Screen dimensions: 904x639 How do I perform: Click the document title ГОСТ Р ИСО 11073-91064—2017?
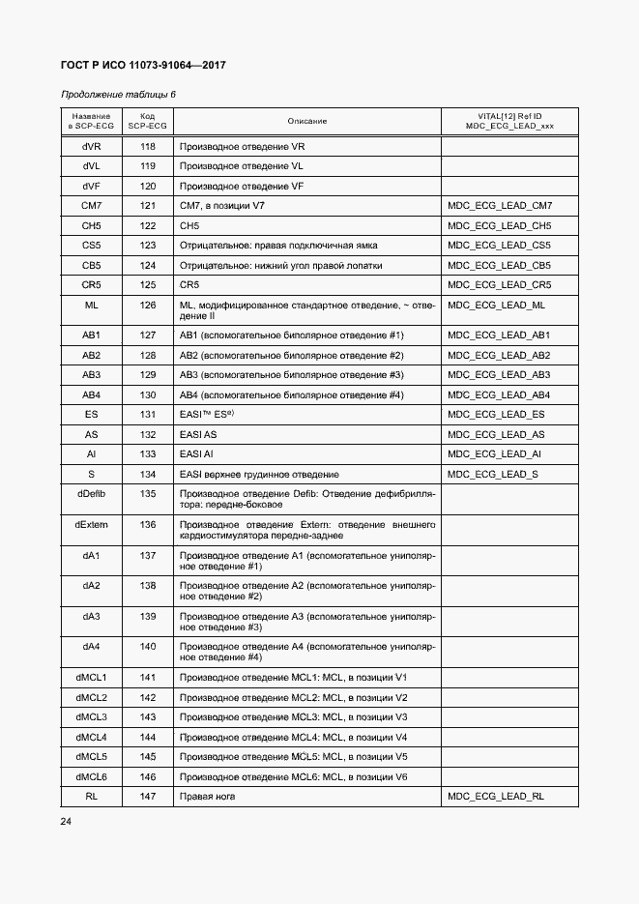[x=143, y=66]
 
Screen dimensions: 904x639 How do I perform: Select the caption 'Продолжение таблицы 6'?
[x=118, y=95]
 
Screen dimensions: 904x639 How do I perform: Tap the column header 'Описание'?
[x=306, y=121]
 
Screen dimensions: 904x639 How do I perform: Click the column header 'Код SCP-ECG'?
[x=147, y=121]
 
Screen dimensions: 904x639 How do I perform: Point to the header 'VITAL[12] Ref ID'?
[x=509, y=115]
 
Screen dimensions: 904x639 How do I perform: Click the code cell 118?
[x=147, y=147]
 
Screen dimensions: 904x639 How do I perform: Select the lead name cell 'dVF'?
[x=92, y=186]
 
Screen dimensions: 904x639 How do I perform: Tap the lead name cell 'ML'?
[x=92, y=306]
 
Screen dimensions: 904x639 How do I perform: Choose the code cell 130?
[x=147, y=395]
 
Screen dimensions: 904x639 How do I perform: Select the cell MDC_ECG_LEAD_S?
[x=494, y=475]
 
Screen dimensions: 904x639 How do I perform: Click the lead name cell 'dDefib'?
[x=92, y=493]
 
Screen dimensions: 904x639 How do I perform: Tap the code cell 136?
[x=147, y=524]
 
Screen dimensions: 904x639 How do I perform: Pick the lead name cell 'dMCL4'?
[x=92, y=737]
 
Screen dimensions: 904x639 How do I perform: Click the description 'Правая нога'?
[x=208, y=797]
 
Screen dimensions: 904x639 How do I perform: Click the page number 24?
[x=66, y=822]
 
